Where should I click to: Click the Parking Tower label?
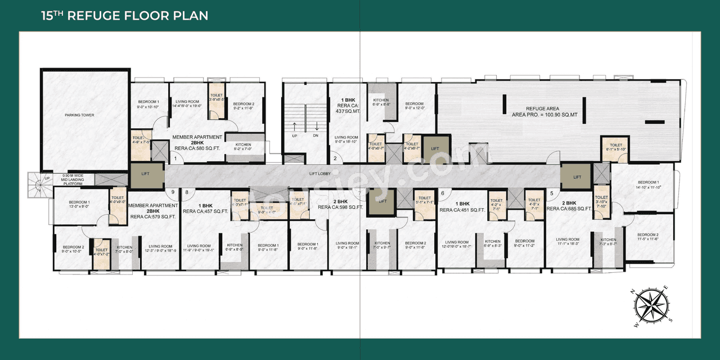(x=79, y=115)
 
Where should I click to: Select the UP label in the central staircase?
(x=294, y=136)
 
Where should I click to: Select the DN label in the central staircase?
(x=316, y=136)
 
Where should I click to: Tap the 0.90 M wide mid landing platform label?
(x=73, y=179)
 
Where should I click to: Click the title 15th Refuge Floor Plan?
(x=124, y=15)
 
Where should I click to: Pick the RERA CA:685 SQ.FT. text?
(x=569, y=209)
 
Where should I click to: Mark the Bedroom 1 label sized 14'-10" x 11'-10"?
(x=648, y=184)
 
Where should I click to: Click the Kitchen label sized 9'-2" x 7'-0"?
(x=243, y=147)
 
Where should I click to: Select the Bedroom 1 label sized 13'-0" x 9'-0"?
(x=79, y=204)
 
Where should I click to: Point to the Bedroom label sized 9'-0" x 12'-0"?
(x=415, y=106)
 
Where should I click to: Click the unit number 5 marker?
(x=551, y=193)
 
